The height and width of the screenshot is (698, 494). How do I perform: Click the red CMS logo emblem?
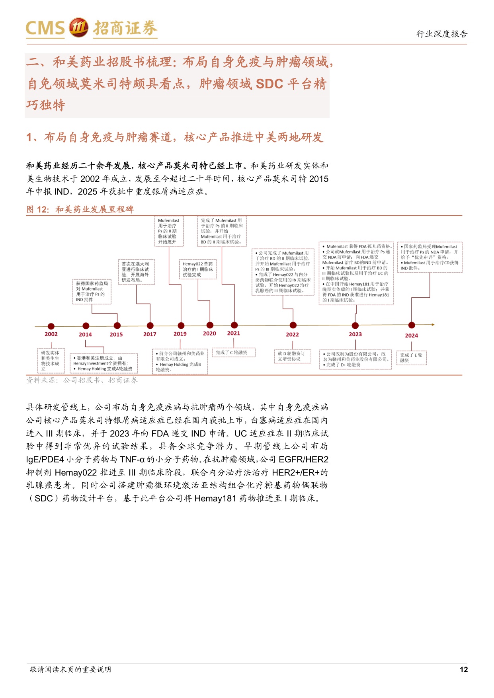[78, 28]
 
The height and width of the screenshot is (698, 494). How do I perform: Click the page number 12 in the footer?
[463, 669]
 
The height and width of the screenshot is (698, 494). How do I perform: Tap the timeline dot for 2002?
[51, 326]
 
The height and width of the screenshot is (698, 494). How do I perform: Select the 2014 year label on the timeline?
[85, 335]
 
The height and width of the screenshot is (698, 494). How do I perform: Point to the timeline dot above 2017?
[150, 326]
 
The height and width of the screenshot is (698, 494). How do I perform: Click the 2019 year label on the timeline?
[180, 334]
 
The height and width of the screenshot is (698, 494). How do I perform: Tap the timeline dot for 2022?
[293, 325]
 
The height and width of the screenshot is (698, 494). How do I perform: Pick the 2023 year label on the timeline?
[355, 334]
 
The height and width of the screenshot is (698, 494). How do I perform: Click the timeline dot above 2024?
[412, 325]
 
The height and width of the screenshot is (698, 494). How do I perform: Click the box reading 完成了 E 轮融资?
[412, 357]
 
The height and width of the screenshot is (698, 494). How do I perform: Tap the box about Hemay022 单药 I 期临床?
[198, 269]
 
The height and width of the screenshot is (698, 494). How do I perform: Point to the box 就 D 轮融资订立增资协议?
[292, 356]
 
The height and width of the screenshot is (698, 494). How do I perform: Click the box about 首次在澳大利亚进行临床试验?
[136, 272]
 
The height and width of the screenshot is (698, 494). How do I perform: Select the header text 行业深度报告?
[442, 34]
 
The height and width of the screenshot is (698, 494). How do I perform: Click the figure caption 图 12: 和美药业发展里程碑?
[80, 209]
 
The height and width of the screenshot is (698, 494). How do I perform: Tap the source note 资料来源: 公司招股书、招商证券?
[82, 380]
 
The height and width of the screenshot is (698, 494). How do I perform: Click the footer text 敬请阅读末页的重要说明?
[70, 669]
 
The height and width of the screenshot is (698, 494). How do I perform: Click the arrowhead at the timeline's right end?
[433, 325]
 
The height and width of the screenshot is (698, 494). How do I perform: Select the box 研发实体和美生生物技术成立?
[51, 361]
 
